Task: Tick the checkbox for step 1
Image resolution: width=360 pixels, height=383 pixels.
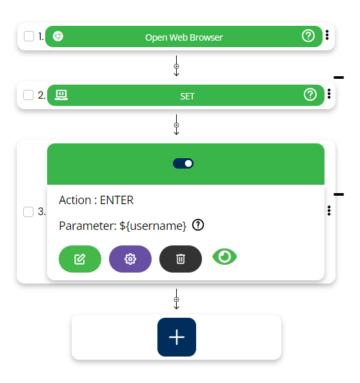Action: pos(29,36)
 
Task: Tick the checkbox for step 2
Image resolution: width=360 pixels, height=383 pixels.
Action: pos(28,95)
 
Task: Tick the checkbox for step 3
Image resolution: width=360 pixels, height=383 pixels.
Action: pos(28,212)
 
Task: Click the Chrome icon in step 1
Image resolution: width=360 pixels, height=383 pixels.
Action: pos(58,36)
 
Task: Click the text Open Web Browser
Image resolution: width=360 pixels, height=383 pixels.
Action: pos(184,37)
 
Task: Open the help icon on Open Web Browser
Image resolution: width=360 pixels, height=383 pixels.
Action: pos(308,36)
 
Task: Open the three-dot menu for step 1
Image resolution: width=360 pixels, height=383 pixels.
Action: pos(327,35)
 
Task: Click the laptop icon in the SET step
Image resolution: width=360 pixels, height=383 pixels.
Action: pos(61,95)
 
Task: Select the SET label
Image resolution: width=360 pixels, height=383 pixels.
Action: pos(187,96)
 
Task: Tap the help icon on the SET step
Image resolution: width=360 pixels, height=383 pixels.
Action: pos(310,94)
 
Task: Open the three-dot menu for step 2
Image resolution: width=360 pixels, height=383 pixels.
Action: pos(329,94)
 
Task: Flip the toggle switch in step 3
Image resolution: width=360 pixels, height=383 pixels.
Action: pos(183,163)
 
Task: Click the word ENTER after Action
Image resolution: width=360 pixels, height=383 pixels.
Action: pos(117,200)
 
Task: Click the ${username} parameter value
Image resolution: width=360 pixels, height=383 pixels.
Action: pos(153,226)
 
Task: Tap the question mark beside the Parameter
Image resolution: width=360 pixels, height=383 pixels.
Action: pos(198,225)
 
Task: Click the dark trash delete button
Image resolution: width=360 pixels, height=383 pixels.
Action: pos(181,259)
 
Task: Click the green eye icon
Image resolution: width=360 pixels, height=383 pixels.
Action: pos(225,256)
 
